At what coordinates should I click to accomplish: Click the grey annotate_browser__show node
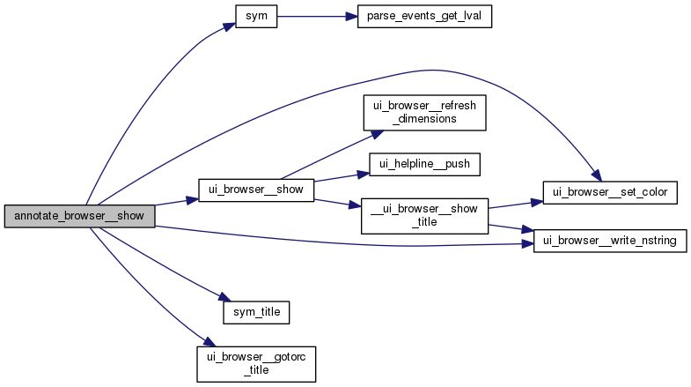coord(79,216)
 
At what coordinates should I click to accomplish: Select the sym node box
coord(256,17)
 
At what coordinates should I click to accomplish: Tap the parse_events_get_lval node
coord(423,17)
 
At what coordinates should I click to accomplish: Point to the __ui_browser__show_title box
coord(423,214)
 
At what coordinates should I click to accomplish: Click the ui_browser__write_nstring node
coord(610,241)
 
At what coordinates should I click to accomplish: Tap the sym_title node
coord(256,310)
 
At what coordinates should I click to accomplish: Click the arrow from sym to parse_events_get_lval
coord(317,17)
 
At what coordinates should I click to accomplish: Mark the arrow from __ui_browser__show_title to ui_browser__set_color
coord(515,203)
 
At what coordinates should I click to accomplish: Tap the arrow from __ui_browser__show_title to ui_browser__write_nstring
coord(511,229)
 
